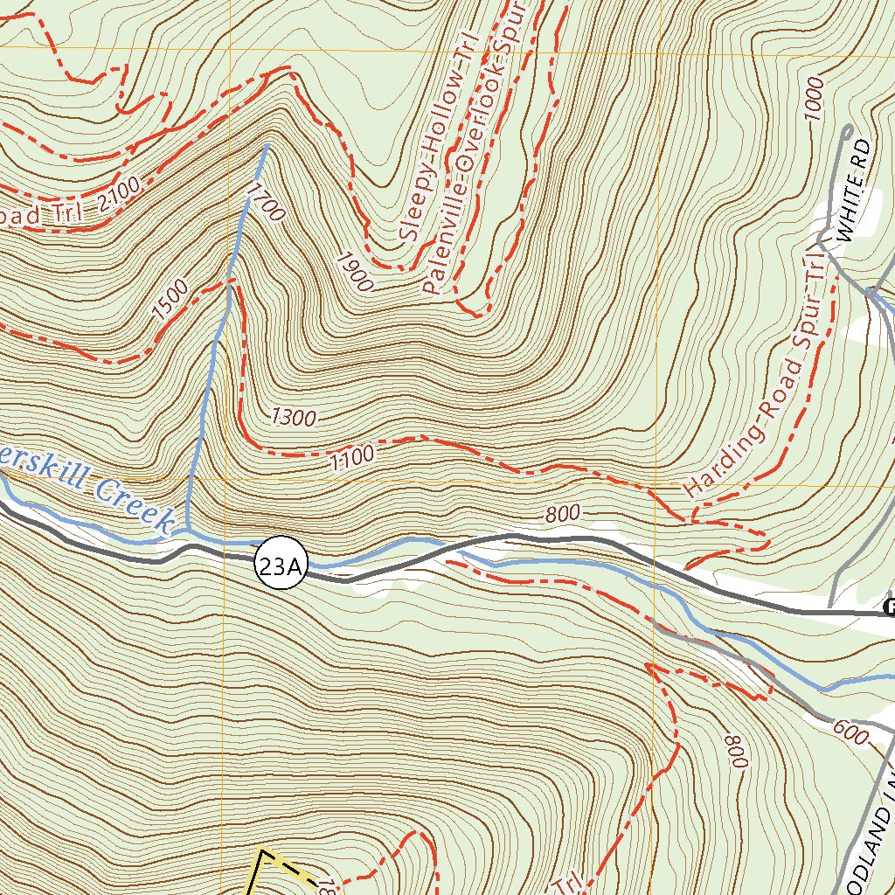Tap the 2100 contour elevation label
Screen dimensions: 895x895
(119, 192)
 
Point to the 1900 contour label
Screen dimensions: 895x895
(355, 272)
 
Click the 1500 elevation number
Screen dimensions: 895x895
(170, 300)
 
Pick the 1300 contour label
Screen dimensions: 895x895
(294, 418)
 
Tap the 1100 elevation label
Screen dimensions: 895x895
(352, 454)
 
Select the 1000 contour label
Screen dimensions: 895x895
(815, 97)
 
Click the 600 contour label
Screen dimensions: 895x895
(850, 733)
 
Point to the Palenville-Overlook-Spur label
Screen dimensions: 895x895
(473, 149)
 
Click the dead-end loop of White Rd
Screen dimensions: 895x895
(846, 130)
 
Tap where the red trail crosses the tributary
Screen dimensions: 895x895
(229, 281)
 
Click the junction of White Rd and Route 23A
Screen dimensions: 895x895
(830, 611)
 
